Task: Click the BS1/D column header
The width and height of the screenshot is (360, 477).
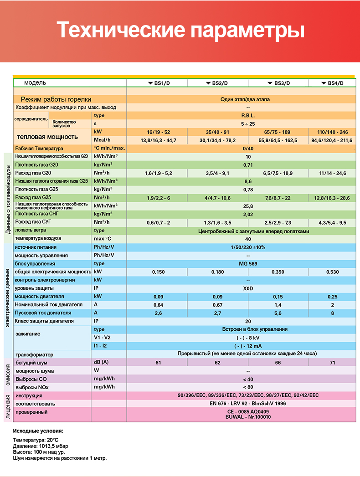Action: (157, 83)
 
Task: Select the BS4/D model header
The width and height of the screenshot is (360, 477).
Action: (333, 83)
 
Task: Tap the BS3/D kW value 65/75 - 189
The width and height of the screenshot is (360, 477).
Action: (278, 132)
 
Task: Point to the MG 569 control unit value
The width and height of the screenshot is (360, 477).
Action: (248, 263)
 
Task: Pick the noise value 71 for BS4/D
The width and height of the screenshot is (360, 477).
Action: (333, 362)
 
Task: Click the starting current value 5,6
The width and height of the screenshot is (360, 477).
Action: (278, 313)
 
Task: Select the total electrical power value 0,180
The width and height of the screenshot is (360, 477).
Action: (217, 272)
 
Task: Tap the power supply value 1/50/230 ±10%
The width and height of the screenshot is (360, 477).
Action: (248, 247)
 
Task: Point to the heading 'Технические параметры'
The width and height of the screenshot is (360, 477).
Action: (180, 31)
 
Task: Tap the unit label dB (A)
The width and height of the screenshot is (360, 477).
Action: (101, 362)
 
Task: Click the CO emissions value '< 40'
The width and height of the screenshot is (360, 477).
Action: (248, 379)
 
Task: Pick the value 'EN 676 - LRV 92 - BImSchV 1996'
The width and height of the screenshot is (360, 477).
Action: (248, 404)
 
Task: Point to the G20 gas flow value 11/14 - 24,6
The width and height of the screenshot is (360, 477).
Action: (333, 173)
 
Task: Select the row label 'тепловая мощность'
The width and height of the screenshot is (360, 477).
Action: (47, 137)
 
